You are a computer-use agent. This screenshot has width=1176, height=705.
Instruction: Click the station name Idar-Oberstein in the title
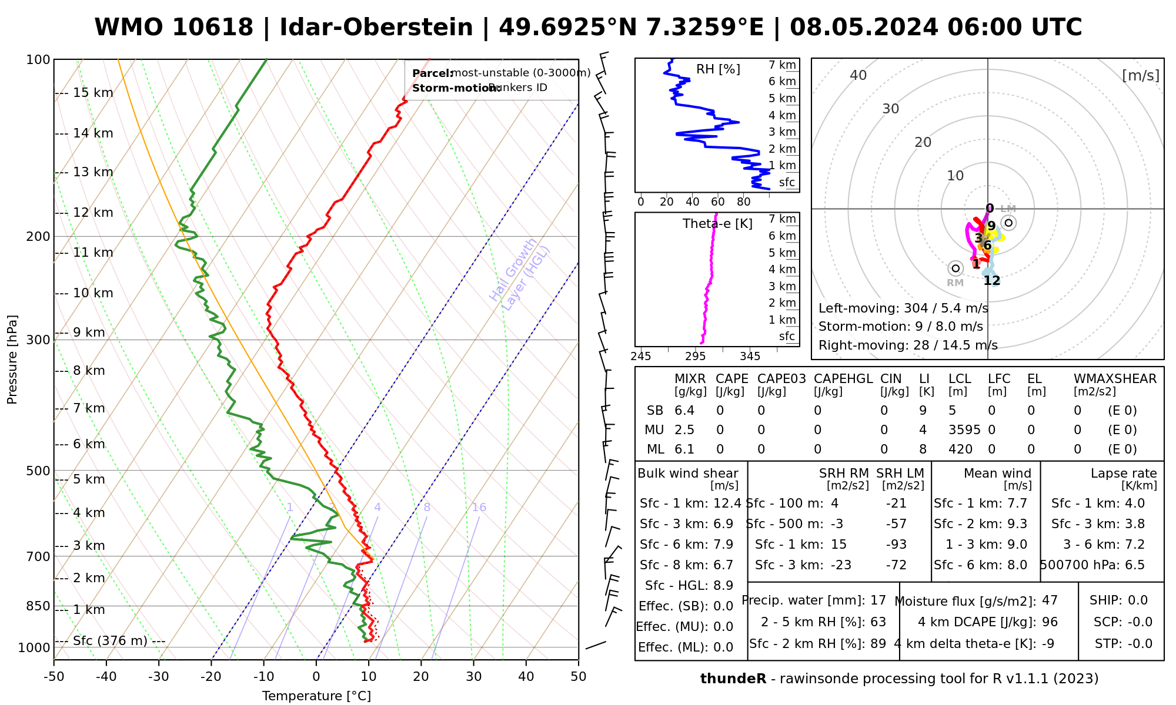click(376, 28)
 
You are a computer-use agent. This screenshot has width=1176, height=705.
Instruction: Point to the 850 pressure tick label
click(38, 606)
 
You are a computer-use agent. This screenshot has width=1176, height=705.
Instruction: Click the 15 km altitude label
click(93, 93)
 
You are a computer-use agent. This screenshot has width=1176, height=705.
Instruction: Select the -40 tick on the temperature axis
click(106, 677)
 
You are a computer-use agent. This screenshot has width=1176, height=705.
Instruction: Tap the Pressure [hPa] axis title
click(12, 360)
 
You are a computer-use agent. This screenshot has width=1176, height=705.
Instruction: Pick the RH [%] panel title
click(718, 69)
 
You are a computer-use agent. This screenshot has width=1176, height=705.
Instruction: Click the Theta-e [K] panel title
click(717, 224)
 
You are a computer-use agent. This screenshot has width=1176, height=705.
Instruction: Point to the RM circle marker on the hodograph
click(955, 268)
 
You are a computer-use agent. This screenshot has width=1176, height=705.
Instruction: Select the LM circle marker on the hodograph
click(1009, 223)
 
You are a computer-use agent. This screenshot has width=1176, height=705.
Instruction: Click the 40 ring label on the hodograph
click(858, 75)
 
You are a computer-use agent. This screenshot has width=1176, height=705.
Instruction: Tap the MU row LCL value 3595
click(964, 430)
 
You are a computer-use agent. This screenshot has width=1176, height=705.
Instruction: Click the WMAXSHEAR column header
click(1115, 379)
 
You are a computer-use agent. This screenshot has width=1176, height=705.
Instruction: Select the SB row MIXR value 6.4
click(684, 411)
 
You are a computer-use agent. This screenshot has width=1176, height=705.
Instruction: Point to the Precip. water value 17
click(878, 600)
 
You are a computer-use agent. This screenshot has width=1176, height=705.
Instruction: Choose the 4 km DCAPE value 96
click(1050, 622)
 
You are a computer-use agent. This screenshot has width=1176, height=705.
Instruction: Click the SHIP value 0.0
click(1137, 600)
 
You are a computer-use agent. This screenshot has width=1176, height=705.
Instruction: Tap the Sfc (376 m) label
click(110, 640)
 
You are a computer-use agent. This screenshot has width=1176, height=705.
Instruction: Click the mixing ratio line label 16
click(479, 508)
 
